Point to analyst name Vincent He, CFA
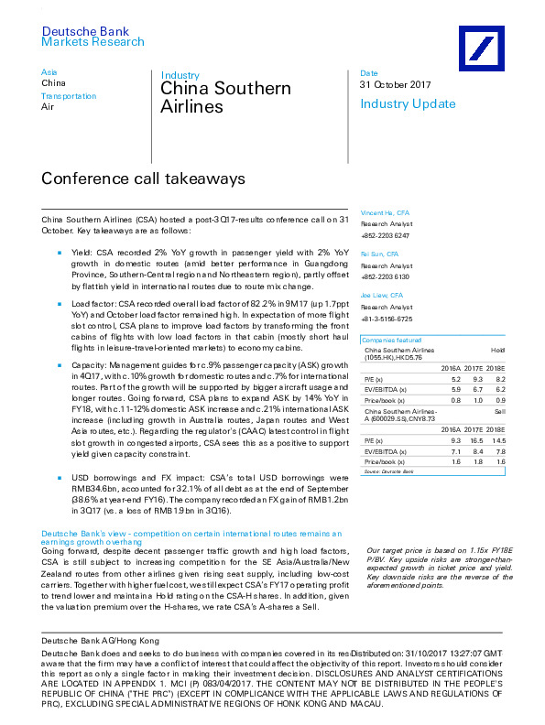click(x=385, y=212)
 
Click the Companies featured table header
click(x=391, y=340)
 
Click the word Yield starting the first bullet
click(x=80, y=249)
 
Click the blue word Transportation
click(x=69, y=96)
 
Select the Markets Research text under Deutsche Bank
click(x=93, y=42)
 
